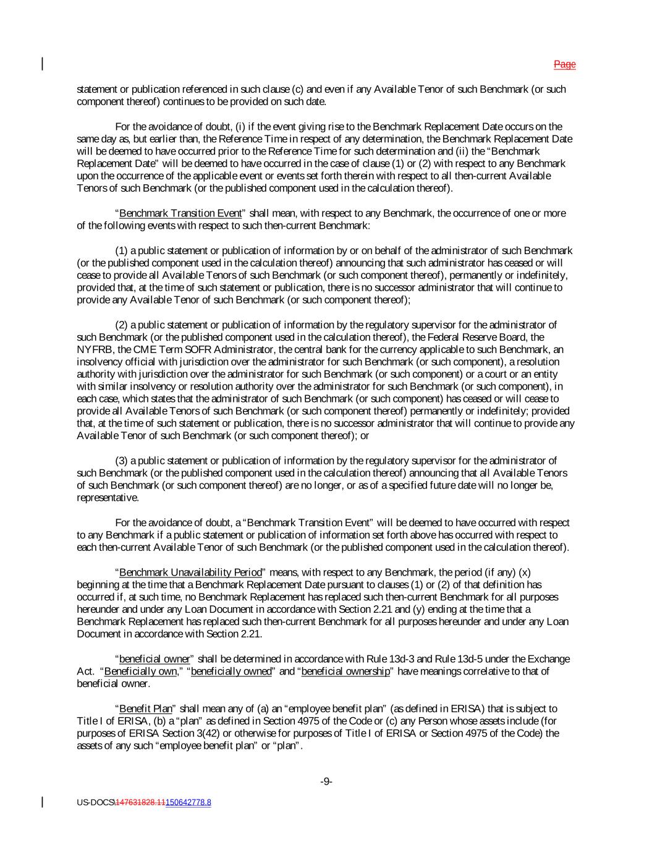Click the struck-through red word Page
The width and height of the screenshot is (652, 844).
tap(564, 64)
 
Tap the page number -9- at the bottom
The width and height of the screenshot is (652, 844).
tap(326, 782)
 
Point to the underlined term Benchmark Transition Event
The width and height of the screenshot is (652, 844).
tap(180, 213)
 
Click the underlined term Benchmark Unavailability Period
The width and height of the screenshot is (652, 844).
tap(190, 572)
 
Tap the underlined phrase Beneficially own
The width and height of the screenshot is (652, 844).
tap(140, 671)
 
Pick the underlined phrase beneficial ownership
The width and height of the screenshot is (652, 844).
tap(345, 671)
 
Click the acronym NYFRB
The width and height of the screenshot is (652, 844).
tap(91, 349)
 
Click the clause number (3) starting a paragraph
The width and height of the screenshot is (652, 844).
tap(122, 461)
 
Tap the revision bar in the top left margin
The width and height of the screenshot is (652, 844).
tap(43, 64)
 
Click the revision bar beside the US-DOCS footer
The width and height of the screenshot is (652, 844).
tap(43, 802)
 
